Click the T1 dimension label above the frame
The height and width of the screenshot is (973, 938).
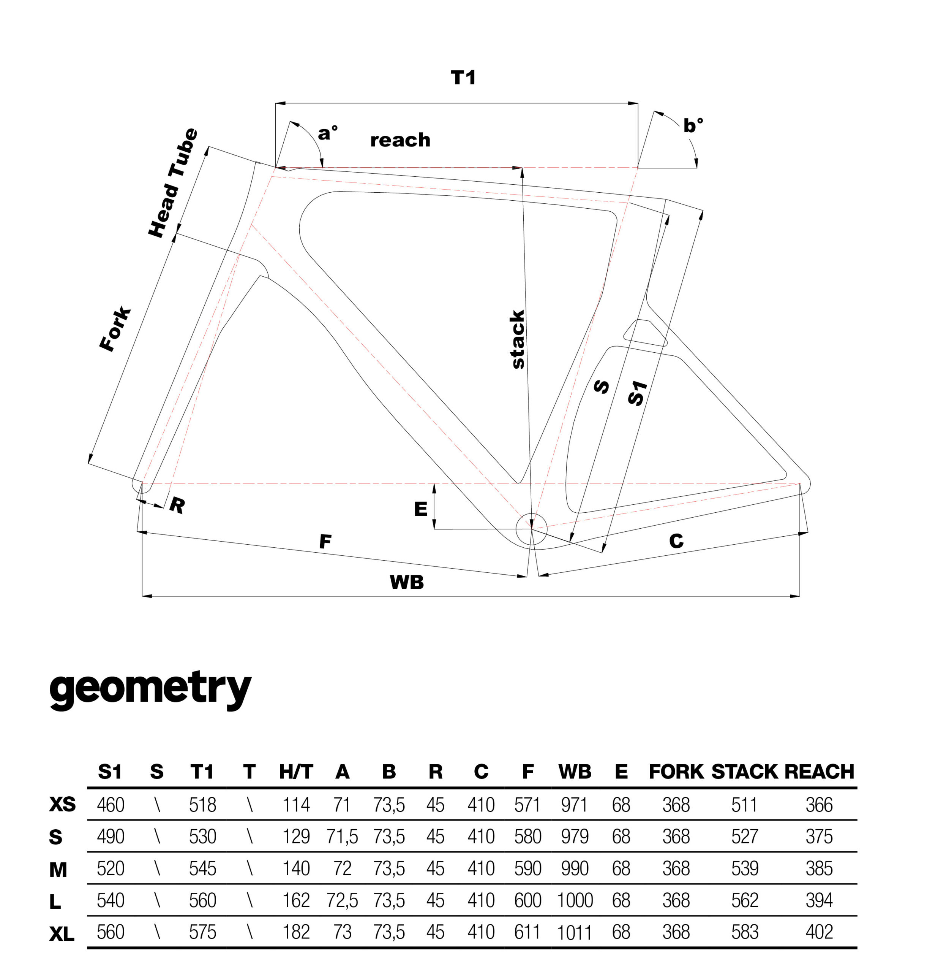point(463,78)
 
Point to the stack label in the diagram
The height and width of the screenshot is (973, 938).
point(517,339)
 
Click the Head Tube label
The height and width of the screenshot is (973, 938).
point(173,183)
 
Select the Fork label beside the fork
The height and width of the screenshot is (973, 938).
point(115,330)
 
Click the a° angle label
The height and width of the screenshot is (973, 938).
point(327,133)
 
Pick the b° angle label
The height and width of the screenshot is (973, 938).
point(692,125)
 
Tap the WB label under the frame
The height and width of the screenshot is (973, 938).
point(406,582)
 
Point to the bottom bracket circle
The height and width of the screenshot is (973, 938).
point(531,529)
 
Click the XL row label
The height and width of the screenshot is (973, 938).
point(62,935)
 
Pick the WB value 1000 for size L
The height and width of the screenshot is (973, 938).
point(575,900)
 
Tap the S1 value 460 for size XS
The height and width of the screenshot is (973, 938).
point(110,805)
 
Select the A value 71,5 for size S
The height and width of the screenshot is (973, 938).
point(342,837)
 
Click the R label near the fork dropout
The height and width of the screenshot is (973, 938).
point(177,506)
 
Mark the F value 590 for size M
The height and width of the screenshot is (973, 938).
point(527,868)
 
